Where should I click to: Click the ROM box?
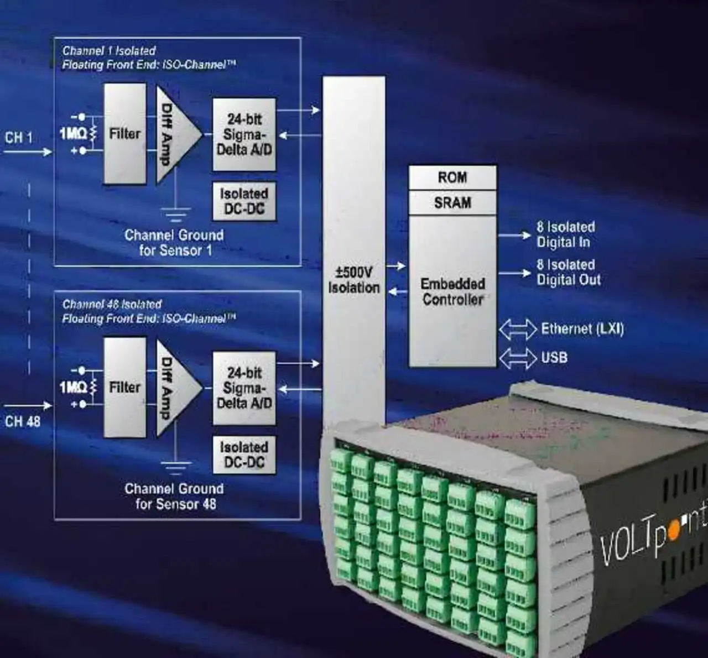point(452,177)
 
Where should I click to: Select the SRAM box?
point(452,203)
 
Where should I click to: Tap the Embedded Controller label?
point(452,291)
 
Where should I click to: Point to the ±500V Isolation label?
point(353,280)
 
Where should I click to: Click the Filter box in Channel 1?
point(125,134)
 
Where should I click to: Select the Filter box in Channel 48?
point(125,387)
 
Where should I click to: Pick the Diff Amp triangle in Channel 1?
point(174,134)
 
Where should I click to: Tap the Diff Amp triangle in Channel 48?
point(174,387)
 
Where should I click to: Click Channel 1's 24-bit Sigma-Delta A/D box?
point(244,134)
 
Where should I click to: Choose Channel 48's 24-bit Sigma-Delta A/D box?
point(244,388)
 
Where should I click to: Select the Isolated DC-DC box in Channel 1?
point(244,201)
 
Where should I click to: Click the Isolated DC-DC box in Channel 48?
point(244,455)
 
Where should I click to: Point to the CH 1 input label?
point(19,138)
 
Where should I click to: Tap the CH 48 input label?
point(23,421)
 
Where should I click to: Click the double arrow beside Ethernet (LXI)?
point(517,330)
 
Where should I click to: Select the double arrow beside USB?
point(517,358)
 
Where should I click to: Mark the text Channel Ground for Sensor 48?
point(175,496)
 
